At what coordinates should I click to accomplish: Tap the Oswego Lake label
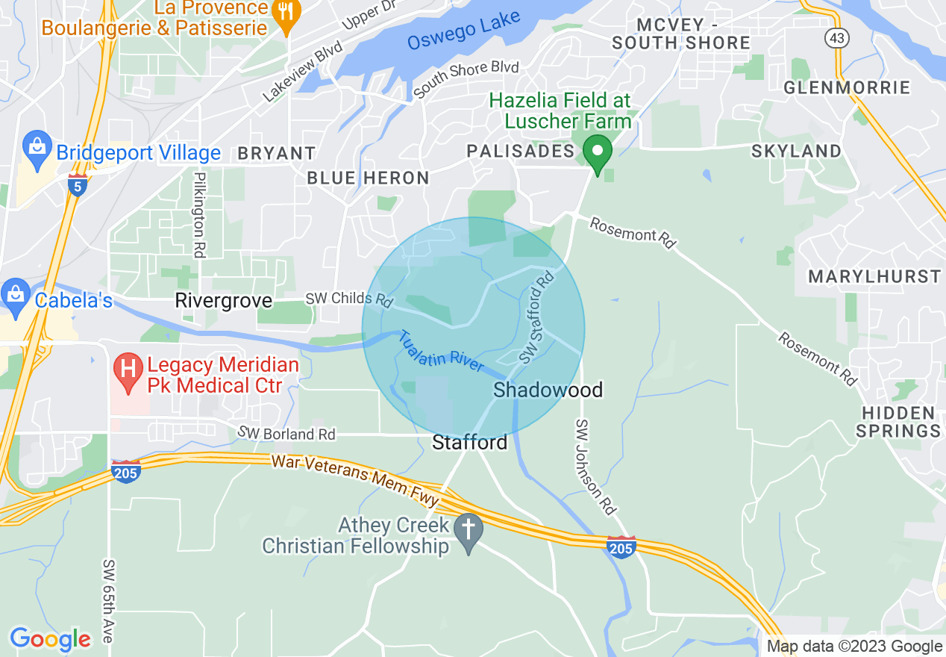pos(463,32)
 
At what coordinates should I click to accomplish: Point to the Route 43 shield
pos(836,37)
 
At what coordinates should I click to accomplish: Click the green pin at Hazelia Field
pos(597,153)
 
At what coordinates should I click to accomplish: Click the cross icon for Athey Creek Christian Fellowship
pos(469,531)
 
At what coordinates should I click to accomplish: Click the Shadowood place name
pos(548,390)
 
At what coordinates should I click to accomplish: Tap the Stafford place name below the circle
pos(470,443)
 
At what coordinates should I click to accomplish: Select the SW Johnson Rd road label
pos(595,467)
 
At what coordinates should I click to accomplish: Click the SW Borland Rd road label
pos(286,433)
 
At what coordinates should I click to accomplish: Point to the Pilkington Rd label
pos(198,215)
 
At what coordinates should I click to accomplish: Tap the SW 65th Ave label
pos(109,601)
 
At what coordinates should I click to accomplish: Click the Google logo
pos(50,640)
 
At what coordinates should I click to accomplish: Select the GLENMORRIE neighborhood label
pos(847,88)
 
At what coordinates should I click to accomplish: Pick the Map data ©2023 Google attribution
pos(854,647)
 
